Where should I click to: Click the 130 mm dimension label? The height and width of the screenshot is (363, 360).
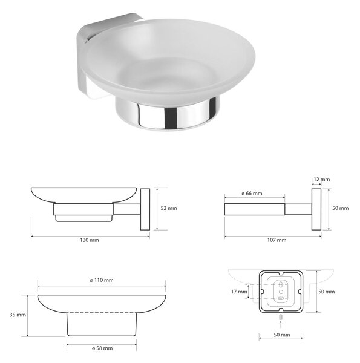coord(90,240)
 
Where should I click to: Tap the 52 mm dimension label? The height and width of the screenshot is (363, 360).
coord(169,208)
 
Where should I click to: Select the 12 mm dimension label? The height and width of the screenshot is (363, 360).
coord(321,180)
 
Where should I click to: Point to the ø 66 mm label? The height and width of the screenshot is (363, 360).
coord(252,194)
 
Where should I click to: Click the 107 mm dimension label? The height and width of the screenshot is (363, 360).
coord(277,240)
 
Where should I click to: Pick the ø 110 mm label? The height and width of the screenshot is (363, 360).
coord(102,280)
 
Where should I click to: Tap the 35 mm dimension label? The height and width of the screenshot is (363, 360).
coord(18,315)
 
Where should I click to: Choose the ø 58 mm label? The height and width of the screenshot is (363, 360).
coord(102,348)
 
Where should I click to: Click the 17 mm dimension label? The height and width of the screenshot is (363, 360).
coord(239,292)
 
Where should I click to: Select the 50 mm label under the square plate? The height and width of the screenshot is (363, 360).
coord(282,335)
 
